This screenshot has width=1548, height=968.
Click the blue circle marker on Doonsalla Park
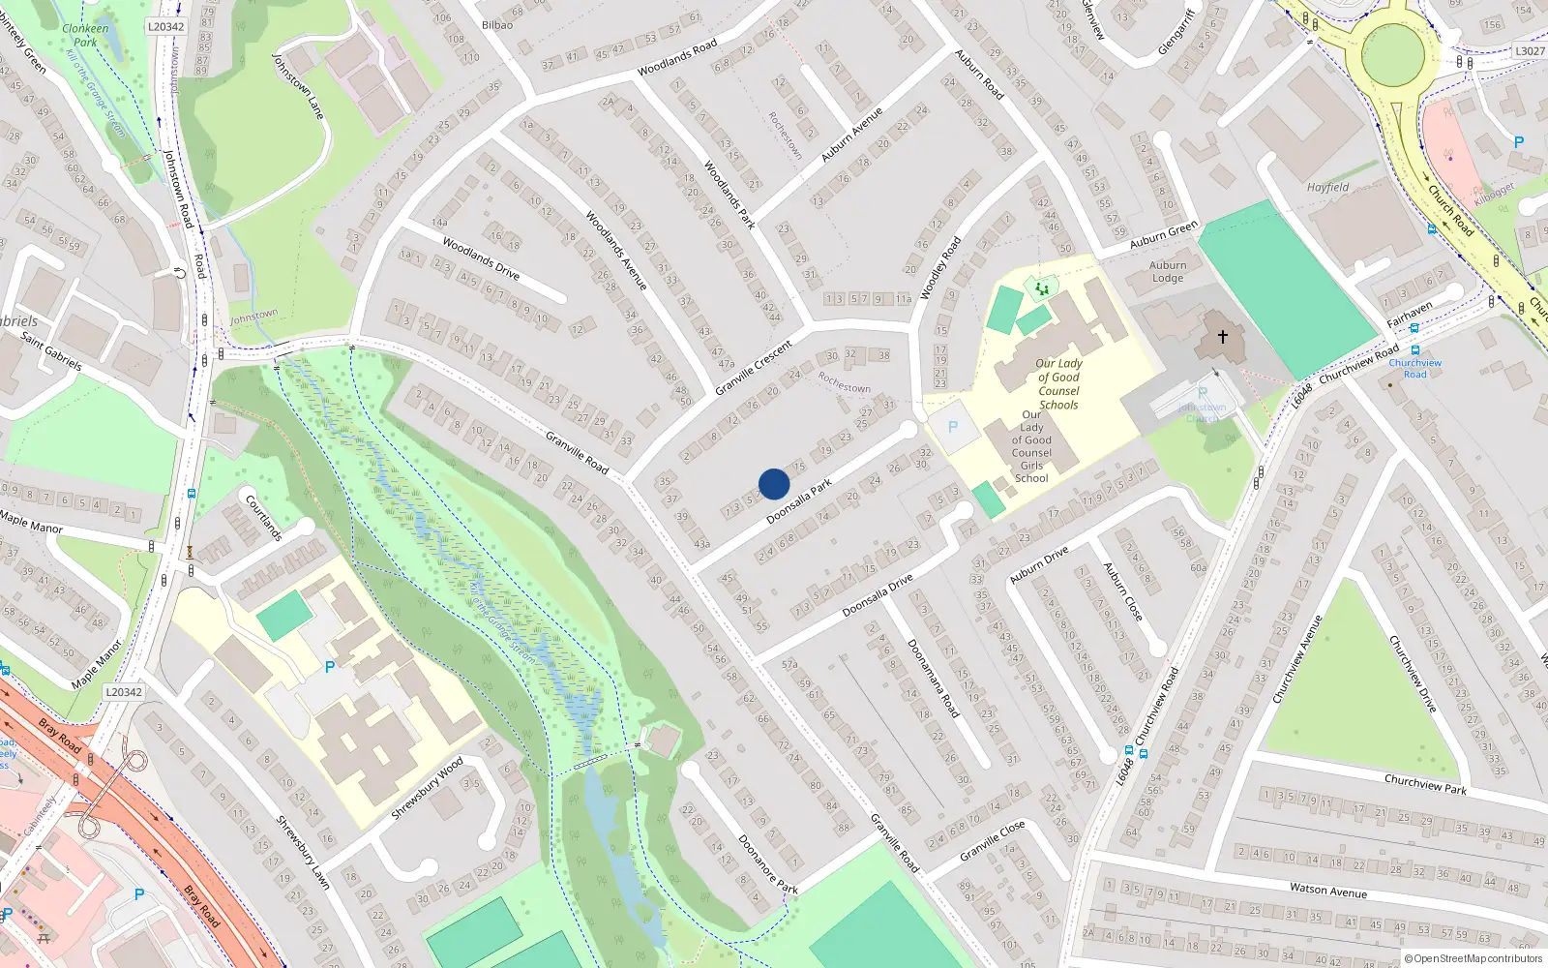pyautogui.click(x=774, y=484)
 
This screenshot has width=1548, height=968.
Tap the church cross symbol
pyautogui.click(x=1223, y=337)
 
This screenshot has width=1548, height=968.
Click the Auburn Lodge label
pyautogui.click(x=1168, y=272)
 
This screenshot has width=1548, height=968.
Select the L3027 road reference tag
pyautogui.click(x=1530, y=51)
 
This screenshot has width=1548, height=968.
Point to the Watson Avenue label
pyautogui.click(x=1327, y=891)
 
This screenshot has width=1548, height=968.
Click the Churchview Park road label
pyautogui.click(x=1425, y=784)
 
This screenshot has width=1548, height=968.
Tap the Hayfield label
pyautogui.click(x=1327, y=188)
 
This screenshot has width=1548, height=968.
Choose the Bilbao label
pyautogui.click(x=497, y=25)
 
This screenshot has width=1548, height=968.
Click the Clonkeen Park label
pyautogui.click(x=85, y=35)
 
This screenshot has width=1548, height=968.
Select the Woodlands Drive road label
pyautogui.click(x=481, y=258)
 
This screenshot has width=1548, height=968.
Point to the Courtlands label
pyautogui.click(x=264, y=518)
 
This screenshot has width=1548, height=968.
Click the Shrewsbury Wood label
pyautogui.click(x=427, y=789)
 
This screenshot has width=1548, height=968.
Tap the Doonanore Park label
pyautogui.click(x=768, y=864)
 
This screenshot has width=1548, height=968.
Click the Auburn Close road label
pyautogui.click(x=1122, y=591)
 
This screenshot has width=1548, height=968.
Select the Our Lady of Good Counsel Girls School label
pyautogui.click(x=1031, y=446)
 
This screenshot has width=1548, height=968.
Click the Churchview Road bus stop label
pyautogui.click(x=1414, y=369)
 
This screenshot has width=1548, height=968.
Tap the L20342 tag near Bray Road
pyautogui.click(x=124, y=692)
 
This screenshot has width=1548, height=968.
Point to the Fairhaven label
pyautogui.click(x=1409, y=315)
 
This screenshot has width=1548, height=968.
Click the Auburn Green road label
pyautogui.click(x=1164, y=234)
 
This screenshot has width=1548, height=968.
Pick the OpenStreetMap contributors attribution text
pyautogui.click(x=1473, y=959)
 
